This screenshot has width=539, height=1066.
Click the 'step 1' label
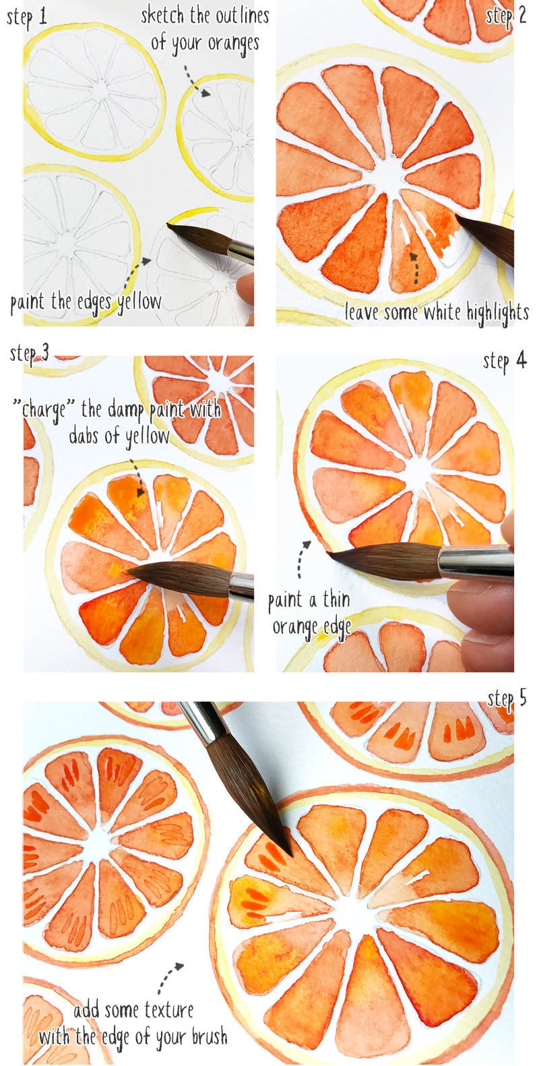27,18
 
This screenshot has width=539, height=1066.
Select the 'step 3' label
30,353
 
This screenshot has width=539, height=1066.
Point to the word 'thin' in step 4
336,599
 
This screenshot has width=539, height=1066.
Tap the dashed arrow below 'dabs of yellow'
137,478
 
